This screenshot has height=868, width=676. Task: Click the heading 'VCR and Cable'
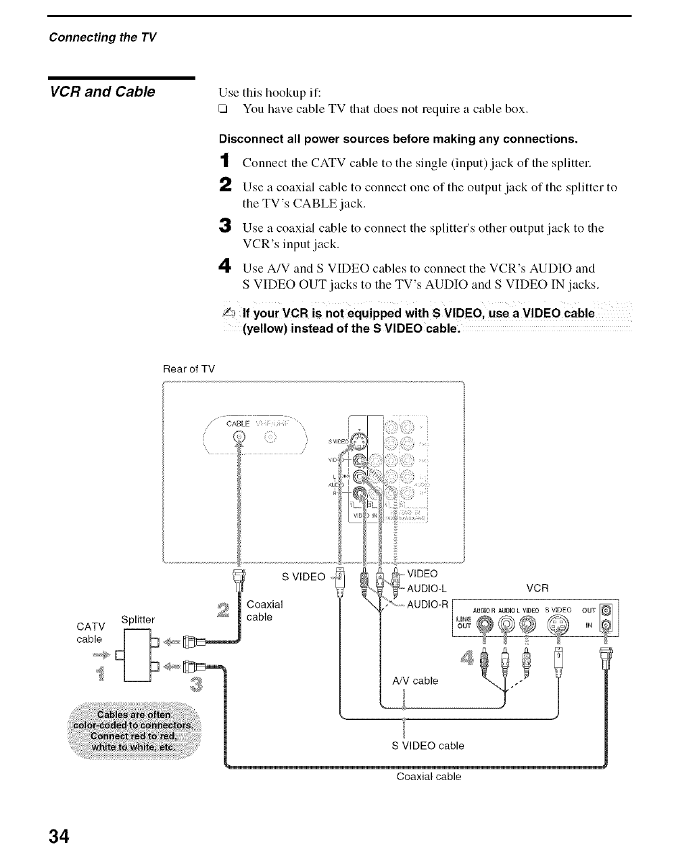click(102, 91)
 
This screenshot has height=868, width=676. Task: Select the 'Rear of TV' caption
click(189, 368)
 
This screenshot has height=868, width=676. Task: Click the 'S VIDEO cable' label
click(428, 746)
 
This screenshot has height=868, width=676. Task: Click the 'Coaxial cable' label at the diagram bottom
click(429, 777)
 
